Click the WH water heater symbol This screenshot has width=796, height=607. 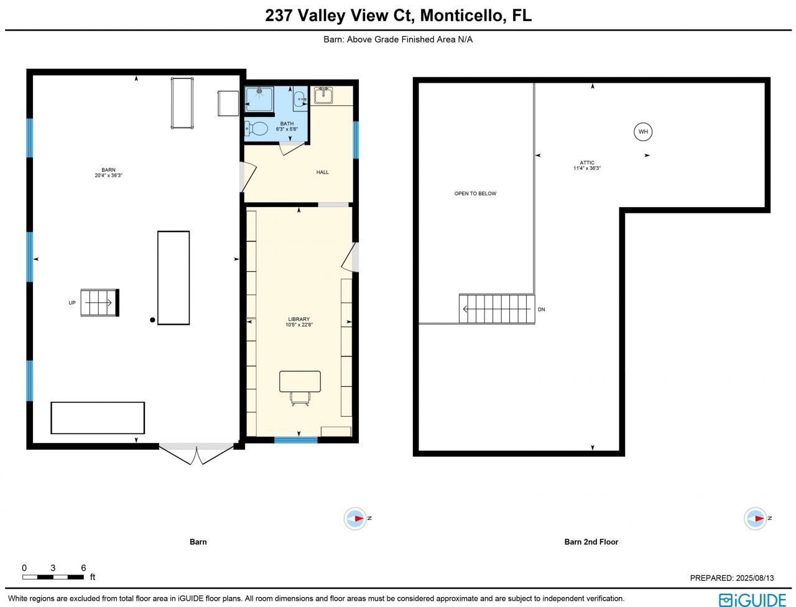643,132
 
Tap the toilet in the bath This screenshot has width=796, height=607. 256,129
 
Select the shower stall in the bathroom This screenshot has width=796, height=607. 259,100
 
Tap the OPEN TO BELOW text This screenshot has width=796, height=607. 475,193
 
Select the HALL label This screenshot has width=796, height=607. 322,172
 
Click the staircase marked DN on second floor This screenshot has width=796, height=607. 497,309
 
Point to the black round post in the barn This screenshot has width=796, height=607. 152,320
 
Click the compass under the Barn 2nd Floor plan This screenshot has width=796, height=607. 756,518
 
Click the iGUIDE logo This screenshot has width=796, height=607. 752,600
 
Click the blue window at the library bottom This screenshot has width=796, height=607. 296,440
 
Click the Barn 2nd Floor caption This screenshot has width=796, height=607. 591,542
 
